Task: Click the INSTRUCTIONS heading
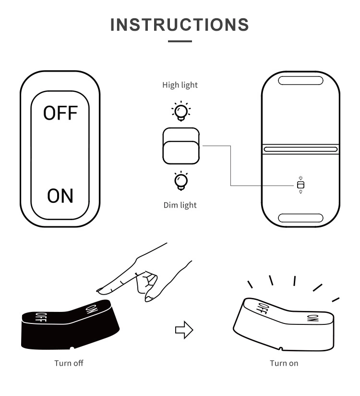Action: coord(180,25)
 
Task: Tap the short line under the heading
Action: coord(180,41)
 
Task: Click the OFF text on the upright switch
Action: coord(60,113)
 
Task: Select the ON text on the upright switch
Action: coord(60,196)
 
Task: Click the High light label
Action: coord(180,85)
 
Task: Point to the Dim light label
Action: coord(180,205)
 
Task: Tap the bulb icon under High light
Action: coord(181,111)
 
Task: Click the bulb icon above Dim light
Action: coord(181,181)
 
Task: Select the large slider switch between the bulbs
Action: coord(181,146)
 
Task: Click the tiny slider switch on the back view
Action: coord(300,185)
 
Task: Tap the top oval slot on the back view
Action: coord(300,81)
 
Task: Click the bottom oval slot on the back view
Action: coord(300,218)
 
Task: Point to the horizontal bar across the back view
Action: coord(300,149)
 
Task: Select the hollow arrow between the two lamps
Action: coord(184,330)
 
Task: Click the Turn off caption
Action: coord(69,363)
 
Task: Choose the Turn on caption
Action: coord(284,363)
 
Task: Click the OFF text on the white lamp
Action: coord(263,308)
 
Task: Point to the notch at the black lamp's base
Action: coord(72,348)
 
